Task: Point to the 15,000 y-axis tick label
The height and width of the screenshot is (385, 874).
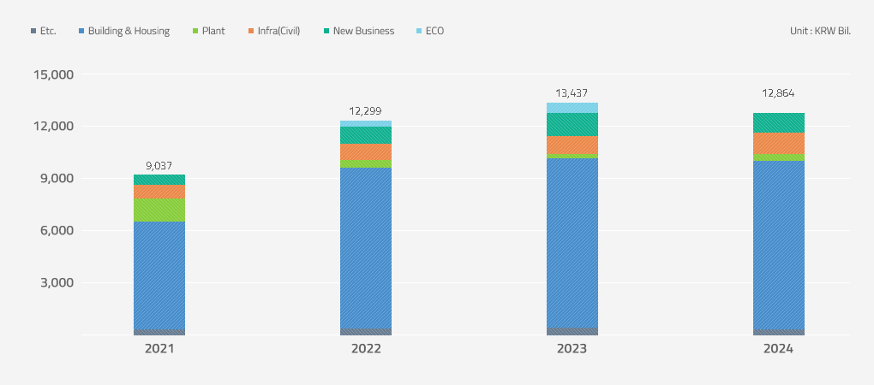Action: (x=53, y=74)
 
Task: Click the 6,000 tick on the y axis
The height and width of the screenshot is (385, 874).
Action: (x=57, y=231)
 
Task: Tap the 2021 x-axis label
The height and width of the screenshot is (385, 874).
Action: (x=159, y=349)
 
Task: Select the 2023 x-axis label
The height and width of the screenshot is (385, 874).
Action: (x=572, y=349)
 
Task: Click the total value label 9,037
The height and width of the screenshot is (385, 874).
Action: (x=159, y=166)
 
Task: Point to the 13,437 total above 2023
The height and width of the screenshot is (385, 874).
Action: (x=572, y=93)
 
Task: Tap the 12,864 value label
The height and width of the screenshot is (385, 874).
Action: (x=779, y=93)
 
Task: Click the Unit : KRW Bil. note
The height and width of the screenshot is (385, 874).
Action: (x=820, y=31)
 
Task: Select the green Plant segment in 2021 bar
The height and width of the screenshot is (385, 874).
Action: (x=159, y=210)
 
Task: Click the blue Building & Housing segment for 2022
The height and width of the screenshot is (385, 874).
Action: (x=366, y=248)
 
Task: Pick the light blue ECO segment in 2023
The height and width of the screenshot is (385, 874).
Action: (x=572, y=108)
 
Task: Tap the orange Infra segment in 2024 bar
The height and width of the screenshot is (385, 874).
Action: (x=779, y=143)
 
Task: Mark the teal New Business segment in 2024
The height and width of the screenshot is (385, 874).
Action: (x=779, y=122)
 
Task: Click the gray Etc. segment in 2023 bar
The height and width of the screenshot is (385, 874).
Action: (x=572, y=331)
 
